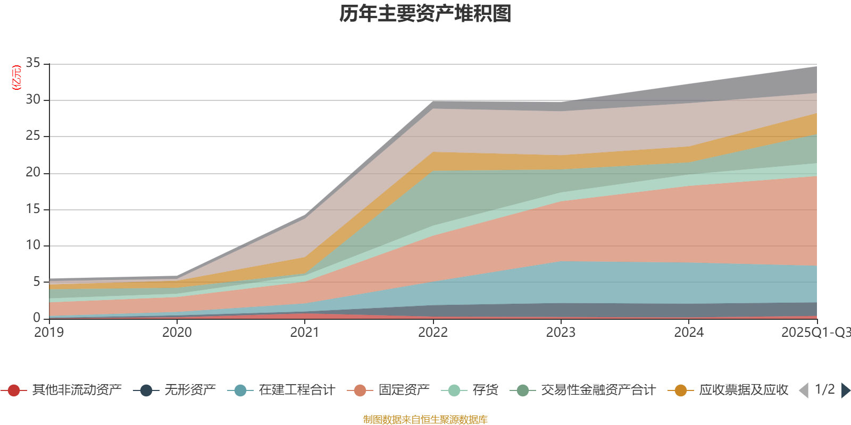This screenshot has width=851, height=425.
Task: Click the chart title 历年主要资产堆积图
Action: pos(425,14)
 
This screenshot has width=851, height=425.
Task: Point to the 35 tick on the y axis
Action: pos(33,63)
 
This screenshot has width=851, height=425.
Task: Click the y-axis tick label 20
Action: pos(33,172)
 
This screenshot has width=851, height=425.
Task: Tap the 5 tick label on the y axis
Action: pos(37,282)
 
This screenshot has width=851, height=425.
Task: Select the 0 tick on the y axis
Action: pos(37,318)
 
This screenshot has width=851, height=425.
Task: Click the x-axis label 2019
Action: pos(49,333)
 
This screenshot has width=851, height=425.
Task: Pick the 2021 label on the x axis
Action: pos(305,333)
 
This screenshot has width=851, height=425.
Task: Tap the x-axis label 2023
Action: pos(561,333)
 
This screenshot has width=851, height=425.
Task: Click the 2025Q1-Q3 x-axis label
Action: pos(815,333)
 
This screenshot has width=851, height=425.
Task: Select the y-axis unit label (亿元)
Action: pos(16,78)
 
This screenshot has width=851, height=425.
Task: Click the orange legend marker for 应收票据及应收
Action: pos(680,390)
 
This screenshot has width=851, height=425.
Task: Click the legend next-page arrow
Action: pos(845,390)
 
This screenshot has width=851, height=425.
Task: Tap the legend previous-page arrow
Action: pos(804,390)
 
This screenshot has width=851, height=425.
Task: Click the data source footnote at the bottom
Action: pos(425,420)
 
